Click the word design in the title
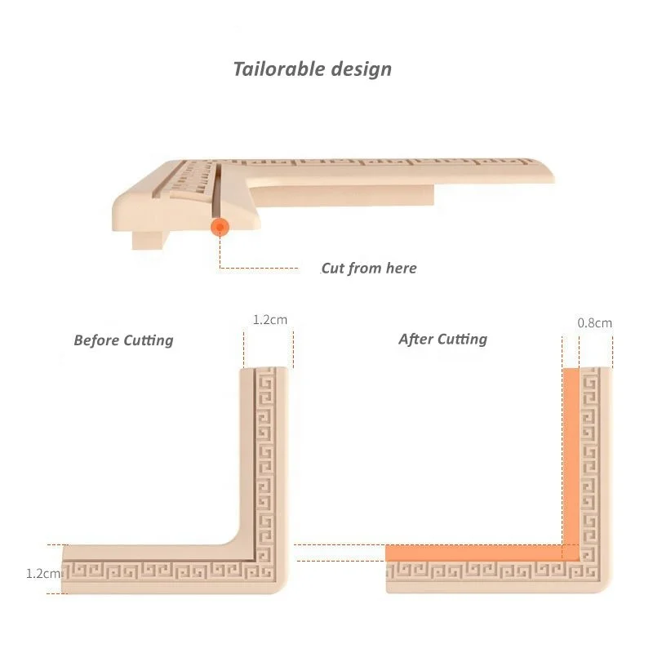tap(362, 69)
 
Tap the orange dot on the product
tap(219, 227)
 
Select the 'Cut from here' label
tap(368, 269)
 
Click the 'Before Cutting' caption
tap(123, 340)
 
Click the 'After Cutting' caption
tap(442, 339)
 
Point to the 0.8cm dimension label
tap(594, 323)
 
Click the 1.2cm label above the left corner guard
tap(269, 320)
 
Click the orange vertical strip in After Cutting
tap(571, 457)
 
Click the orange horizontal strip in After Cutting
tap(473, 553)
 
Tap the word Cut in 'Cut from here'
tap(332, 269)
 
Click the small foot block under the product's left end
tap(148, 238)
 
